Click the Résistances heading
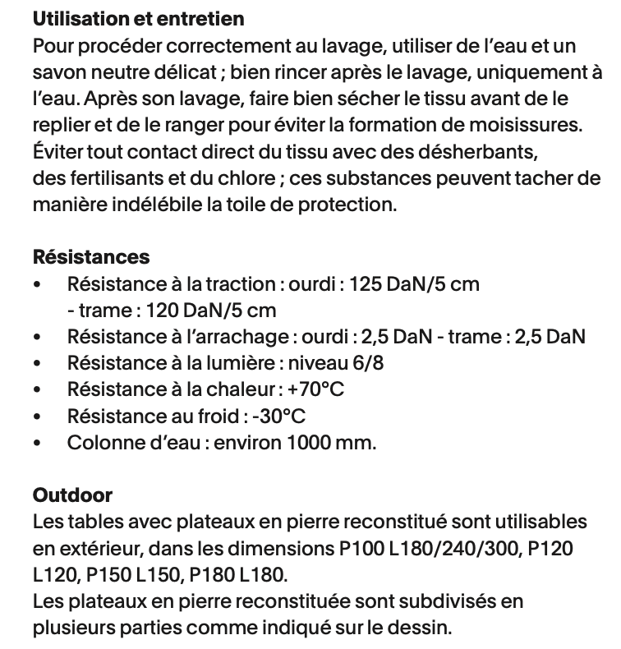(x=91, y=257)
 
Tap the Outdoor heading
(x=72, y=495)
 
